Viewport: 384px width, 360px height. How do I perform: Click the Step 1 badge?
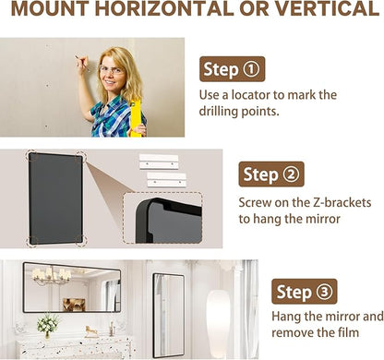pos(232,69)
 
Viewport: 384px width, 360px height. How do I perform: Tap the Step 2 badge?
pos(271,174)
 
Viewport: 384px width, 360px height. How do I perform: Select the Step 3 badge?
pos(305,292)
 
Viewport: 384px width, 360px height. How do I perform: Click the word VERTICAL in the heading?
pos(327,8)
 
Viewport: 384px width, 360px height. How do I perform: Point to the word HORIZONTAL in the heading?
pos(163,8)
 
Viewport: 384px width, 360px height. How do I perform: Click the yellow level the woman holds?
pos(136,118)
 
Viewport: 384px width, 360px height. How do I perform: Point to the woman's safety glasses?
pos(112,70)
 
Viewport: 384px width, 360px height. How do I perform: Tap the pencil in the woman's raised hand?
pos(82,64)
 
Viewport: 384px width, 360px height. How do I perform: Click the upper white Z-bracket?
pos(159,162)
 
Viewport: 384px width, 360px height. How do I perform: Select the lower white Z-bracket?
pos(167,180)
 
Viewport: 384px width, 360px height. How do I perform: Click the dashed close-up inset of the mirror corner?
pos(162,218)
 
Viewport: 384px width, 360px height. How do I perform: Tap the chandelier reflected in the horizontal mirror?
pos(52,275)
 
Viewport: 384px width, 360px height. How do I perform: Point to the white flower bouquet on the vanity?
pos(48,325)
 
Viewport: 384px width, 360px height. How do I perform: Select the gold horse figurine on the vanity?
pos(91,331)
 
